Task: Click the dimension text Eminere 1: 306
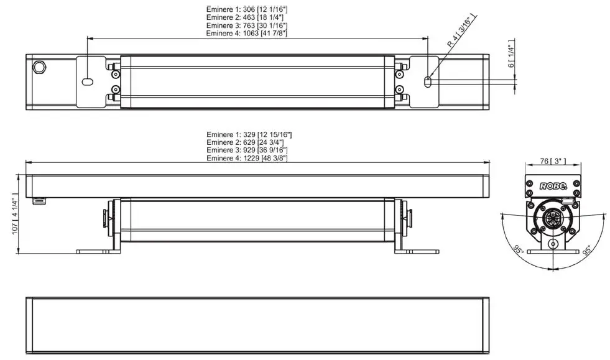247,11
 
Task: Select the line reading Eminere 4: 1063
247,33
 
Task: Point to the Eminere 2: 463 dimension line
247,18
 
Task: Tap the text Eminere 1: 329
249,135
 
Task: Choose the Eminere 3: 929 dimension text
249,150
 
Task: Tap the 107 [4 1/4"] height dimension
15,213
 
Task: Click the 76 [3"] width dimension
553,161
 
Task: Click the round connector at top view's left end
40,66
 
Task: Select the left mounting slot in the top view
88,81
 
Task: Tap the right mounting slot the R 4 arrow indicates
427,81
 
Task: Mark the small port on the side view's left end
41,201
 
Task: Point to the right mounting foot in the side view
417,251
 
